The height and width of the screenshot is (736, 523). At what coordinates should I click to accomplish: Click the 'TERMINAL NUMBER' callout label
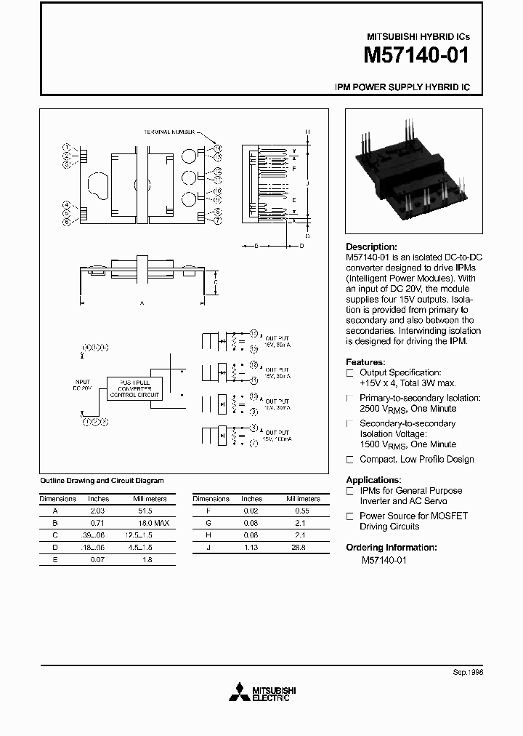coord(169,132)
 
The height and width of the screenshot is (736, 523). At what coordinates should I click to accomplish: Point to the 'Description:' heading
coord(371,247)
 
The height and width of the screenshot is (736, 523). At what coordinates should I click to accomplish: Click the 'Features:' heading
coord(365,361)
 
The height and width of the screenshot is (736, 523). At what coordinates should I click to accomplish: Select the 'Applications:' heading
coord(373,480)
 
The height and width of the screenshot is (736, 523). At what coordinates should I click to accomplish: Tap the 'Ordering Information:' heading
coord(391,547)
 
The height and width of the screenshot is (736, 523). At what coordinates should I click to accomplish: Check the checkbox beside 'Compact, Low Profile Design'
coord(350,460)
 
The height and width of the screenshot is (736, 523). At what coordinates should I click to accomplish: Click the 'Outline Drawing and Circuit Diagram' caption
coord(101,481)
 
